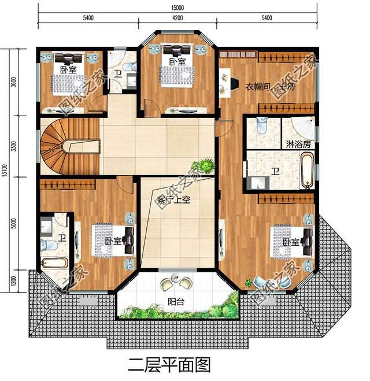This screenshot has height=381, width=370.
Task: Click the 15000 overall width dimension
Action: (x=177, y=6)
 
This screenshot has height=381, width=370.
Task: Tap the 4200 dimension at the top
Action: (x=177, y=18)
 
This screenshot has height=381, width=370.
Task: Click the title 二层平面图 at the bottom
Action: (x=168, y=365)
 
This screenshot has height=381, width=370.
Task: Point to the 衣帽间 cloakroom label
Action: (x=256, y=87)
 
